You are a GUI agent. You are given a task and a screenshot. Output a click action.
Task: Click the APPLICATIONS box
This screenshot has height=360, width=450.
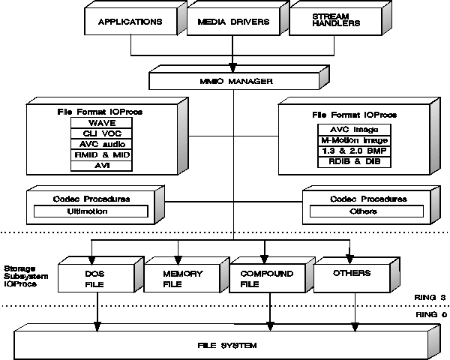pyautogui.click(x=130, y=21)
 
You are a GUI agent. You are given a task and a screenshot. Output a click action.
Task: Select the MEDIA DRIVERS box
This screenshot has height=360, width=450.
pyautogui.click(x=233, y=22)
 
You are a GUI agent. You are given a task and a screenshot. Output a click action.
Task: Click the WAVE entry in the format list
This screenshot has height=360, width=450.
pyautogui.click(x=101, y=123)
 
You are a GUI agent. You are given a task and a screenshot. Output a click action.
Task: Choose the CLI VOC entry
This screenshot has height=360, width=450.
pyautogui.click(x=101, y=133)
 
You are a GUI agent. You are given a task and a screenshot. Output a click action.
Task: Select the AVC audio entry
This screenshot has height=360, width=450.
pyautogui.click(x=101, y=144)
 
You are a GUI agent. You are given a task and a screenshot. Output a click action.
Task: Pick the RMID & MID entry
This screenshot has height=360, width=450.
pyautogui.click(x=101, y=155)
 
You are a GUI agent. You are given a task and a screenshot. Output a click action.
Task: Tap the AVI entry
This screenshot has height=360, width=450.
pyautogui.click(x=101, y=166)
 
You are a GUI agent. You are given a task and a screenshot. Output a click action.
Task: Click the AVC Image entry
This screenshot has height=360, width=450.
pyautogui.click(x=354, y=130)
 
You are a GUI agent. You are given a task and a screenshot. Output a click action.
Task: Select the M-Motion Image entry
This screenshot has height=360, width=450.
pyautogui.click(x=354, y=140)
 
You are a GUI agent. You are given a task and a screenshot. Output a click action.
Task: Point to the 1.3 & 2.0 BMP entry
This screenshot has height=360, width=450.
pyautogui.click(x=354, y=151)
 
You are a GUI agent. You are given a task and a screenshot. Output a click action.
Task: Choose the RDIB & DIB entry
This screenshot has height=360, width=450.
pyautogui.click(x=354, y=162)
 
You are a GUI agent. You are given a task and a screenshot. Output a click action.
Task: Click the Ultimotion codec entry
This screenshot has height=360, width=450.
pyautogui.click(x=91, y=211)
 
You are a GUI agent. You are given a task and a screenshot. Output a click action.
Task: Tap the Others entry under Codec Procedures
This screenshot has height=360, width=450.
pyautogui.click(x=367, y=211)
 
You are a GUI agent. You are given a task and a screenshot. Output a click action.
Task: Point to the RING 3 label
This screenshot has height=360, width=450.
pyautogui.click(x=430, y=298)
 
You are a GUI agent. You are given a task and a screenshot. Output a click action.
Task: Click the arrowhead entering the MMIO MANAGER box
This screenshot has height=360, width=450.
pyautogui.click(x=232, y=67)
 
